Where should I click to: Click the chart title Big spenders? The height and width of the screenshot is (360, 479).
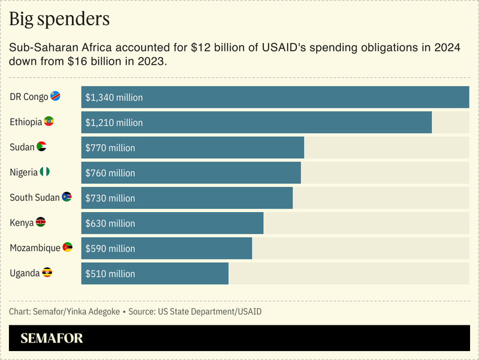(59, 19)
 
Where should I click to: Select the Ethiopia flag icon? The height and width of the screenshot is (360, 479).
(49, 122)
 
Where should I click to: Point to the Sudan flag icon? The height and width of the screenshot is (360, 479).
(41, 147)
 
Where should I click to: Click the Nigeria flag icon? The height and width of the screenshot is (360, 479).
(45, 173)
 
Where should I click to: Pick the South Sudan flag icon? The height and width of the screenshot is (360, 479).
(67, 198)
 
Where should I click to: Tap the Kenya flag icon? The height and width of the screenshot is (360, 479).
(41, 223)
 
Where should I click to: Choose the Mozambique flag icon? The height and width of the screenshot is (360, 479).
(68, 247)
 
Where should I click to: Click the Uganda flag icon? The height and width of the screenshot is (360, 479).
(47, 273)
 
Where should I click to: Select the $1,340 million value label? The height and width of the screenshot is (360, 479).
(114, 98)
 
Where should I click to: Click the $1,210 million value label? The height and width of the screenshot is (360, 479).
(114, 123)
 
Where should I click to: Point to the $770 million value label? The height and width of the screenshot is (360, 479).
(110, 148)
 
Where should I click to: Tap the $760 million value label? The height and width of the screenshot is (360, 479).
(110, 173)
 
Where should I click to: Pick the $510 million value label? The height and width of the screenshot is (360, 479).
(110, 274)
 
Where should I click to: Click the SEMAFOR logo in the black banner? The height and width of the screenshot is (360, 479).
(52, 338)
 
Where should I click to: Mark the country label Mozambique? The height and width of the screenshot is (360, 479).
(35, 248)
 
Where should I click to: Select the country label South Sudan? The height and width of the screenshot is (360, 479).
(35, 198)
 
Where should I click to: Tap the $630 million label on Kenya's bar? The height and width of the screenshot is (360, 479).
(110, 223)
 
